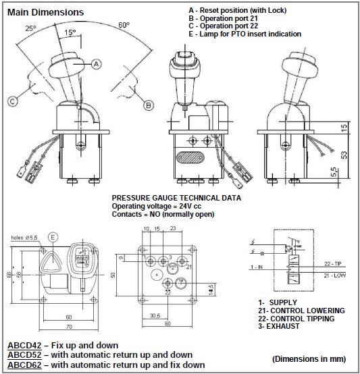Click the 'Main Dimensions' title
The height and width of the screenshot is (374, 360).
pos(45,12)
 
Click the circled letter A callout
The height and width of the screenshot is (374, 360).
pos(97,63)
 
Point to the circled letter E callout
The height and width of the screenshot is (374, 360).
pos(53,237)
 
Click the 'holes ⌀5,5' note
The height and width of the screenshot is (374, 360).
pos(24,238)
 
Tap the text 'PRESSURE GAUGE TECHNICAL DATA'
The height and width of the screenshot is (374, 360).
pos(176,199)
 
